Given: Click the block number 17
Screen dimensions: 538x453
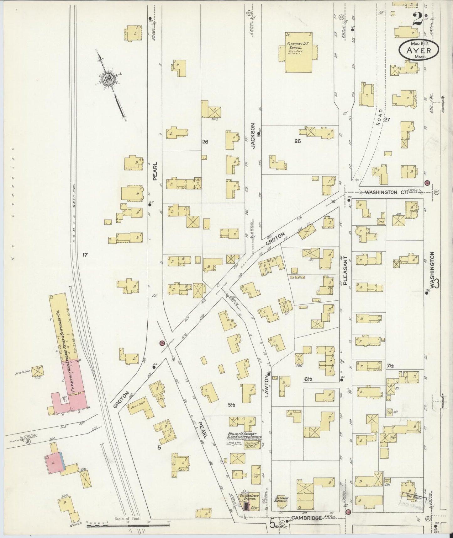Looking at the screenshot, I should pos(84,255).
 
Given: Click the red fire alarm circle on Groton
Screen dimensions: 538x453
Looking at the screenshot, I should pos(162,343).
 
